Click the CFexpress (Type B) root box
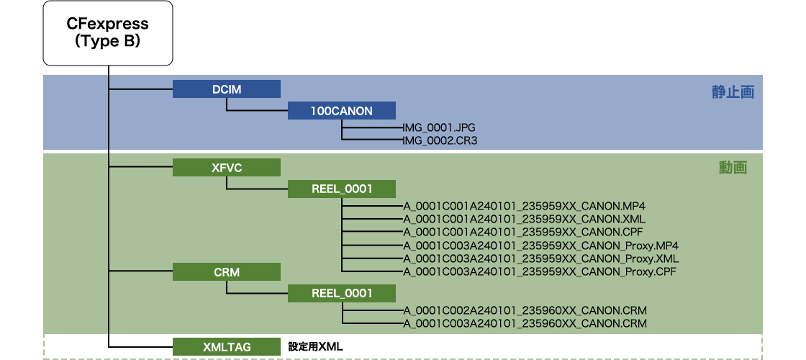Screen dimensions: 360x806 pyautogui.click(x=108, y=34)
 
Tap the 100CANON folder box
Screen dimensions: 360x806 pyautogui.click(x=341, y=110)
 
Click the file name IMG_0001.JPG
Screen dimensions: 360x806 pyautogui.click(x=439, y=127)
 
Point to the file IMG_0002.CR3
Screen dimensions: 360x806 pyautogui.click(x=440, y=141)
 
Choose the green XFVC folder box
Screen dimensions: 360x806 pyautogui.click(x=226, y=168)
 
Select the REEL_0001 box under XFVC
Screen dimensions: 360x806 pyautogui.click(x=341, y=189)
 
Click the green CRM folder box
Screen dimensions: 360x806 pyautogui.click(x=226, y=272)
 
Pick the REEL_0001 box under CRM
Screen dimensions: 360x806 pyautogui.click(x=341, y=293)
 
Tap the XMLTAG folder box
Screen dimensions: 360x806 pyautogui.click(x=226, y=346)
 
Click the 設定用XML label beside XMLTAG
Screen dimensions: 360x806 pyautogui.click(x=315, y=346)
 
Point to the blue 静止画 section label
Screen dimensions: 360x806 pyautogui.click(x=733, y=92)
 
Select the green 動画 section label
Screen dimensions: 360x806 pyautogui.click(x=733, y=168)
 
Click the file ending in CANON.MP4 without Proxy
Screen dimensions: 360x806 pyautogui.click(x=524, y=206)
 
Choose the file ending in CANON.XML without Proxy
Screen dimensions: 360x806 pyautogui.click(x=524, y=219)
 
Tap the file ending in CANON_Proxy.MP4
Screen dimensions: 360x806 pyautogui.click(x=540, y=246)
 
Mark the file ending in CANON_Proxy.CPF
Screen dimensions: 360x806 pyautogui.click(x=540, y=271)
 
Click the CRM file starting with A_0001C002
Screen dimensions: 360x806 pyautogui.click(x=525, y=310)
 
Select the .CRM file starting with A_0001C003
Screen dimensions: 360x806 pyautogui.click(x=525, y=324)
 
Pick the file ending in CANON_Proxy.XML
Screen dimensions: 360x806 pyautogui.click(x=540, y=258)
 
